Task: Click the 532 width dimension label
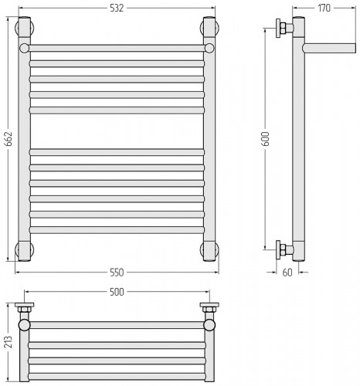coord(117,8)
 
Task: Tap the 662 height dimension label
coord(8,139)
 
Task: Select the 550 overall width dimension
coord(117,273)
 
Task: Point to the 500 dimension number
coord(117,292)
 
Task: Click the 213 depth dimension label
coord(8,342)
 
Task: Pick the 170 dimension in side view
coord(324,8)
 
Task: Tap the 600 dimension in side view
coord(266,139)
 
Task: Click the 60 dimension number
coord(287,273)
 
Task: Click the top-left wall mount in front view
coord(25,27)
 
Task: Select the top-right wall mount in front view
coord(209,27)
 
